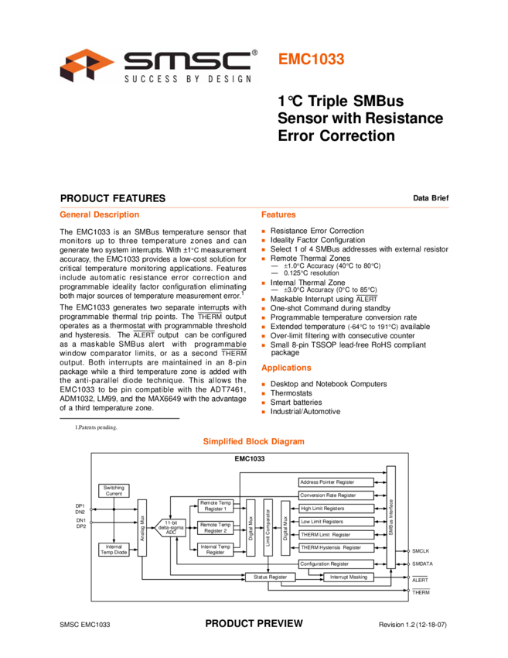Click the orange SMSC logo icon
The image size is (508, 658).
87,64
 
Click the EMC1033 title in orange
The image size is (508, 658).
311,59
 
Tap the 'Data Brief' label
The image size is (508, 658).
431,198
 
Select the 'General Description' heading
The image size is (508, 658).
99,214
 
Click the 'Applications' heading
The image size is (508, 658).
286,368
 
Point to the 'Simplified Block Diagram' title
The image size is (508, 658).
254,441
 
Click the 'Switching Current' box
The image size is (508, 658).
114,491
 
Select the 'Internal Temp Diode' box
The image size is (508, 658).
114,550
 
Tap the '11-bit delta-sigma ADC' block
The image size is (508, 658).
170,528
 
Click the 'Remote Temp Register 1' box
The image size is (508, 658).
216,505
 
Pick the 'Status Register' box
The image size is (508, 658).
270,577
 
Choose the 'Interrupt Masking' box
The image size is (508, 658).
348,577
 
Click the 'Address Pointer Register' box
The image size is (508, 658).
336,482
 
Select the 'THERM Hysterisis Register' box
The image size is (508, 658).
336,547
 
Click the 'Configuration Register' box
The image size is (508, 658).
336,564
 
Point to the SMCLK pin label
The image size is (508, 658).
421,551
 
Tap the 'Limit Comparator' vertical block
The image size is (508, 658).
268,527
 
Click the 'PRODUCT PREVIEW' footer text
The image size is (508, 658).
254,624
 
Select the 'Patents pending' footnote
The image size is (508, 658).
97,427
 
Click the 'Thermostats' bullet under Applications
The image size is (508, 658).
291,393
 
